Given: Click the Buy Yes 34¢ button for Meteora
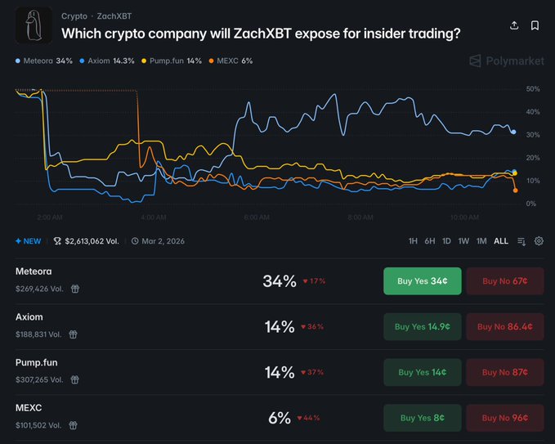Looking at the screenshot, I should coord(422,280).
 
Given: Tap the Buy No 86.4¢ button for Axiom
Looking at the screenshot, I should coord(504,326).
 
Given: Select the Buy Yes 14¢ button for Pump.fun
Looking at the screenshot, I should coord(422,372).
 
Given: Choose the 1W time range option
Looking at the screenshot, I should coord(463,241).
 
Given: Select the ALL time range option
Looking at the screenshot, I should coord(501,241).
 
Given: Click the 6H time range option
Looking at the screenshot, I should coord(429,241).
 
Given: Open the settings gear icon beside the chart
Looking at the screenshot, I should coord(539,241).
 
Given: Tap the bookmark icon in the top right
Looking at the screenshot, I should coord(535,25).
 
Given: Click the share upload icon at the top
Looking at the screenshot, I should coord(514,25).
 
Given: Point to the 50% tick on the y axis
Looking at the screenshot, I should coord(532,88).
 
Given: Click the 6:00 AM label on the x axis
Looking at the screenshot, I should coord(257,218).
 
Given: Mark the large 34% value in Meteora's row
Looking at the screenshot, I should coord(280,281).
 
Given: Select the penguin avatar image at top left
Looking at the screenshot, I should coord(34,25).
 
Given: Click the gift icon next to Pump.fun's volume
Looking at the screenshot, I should coord(73,379).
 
